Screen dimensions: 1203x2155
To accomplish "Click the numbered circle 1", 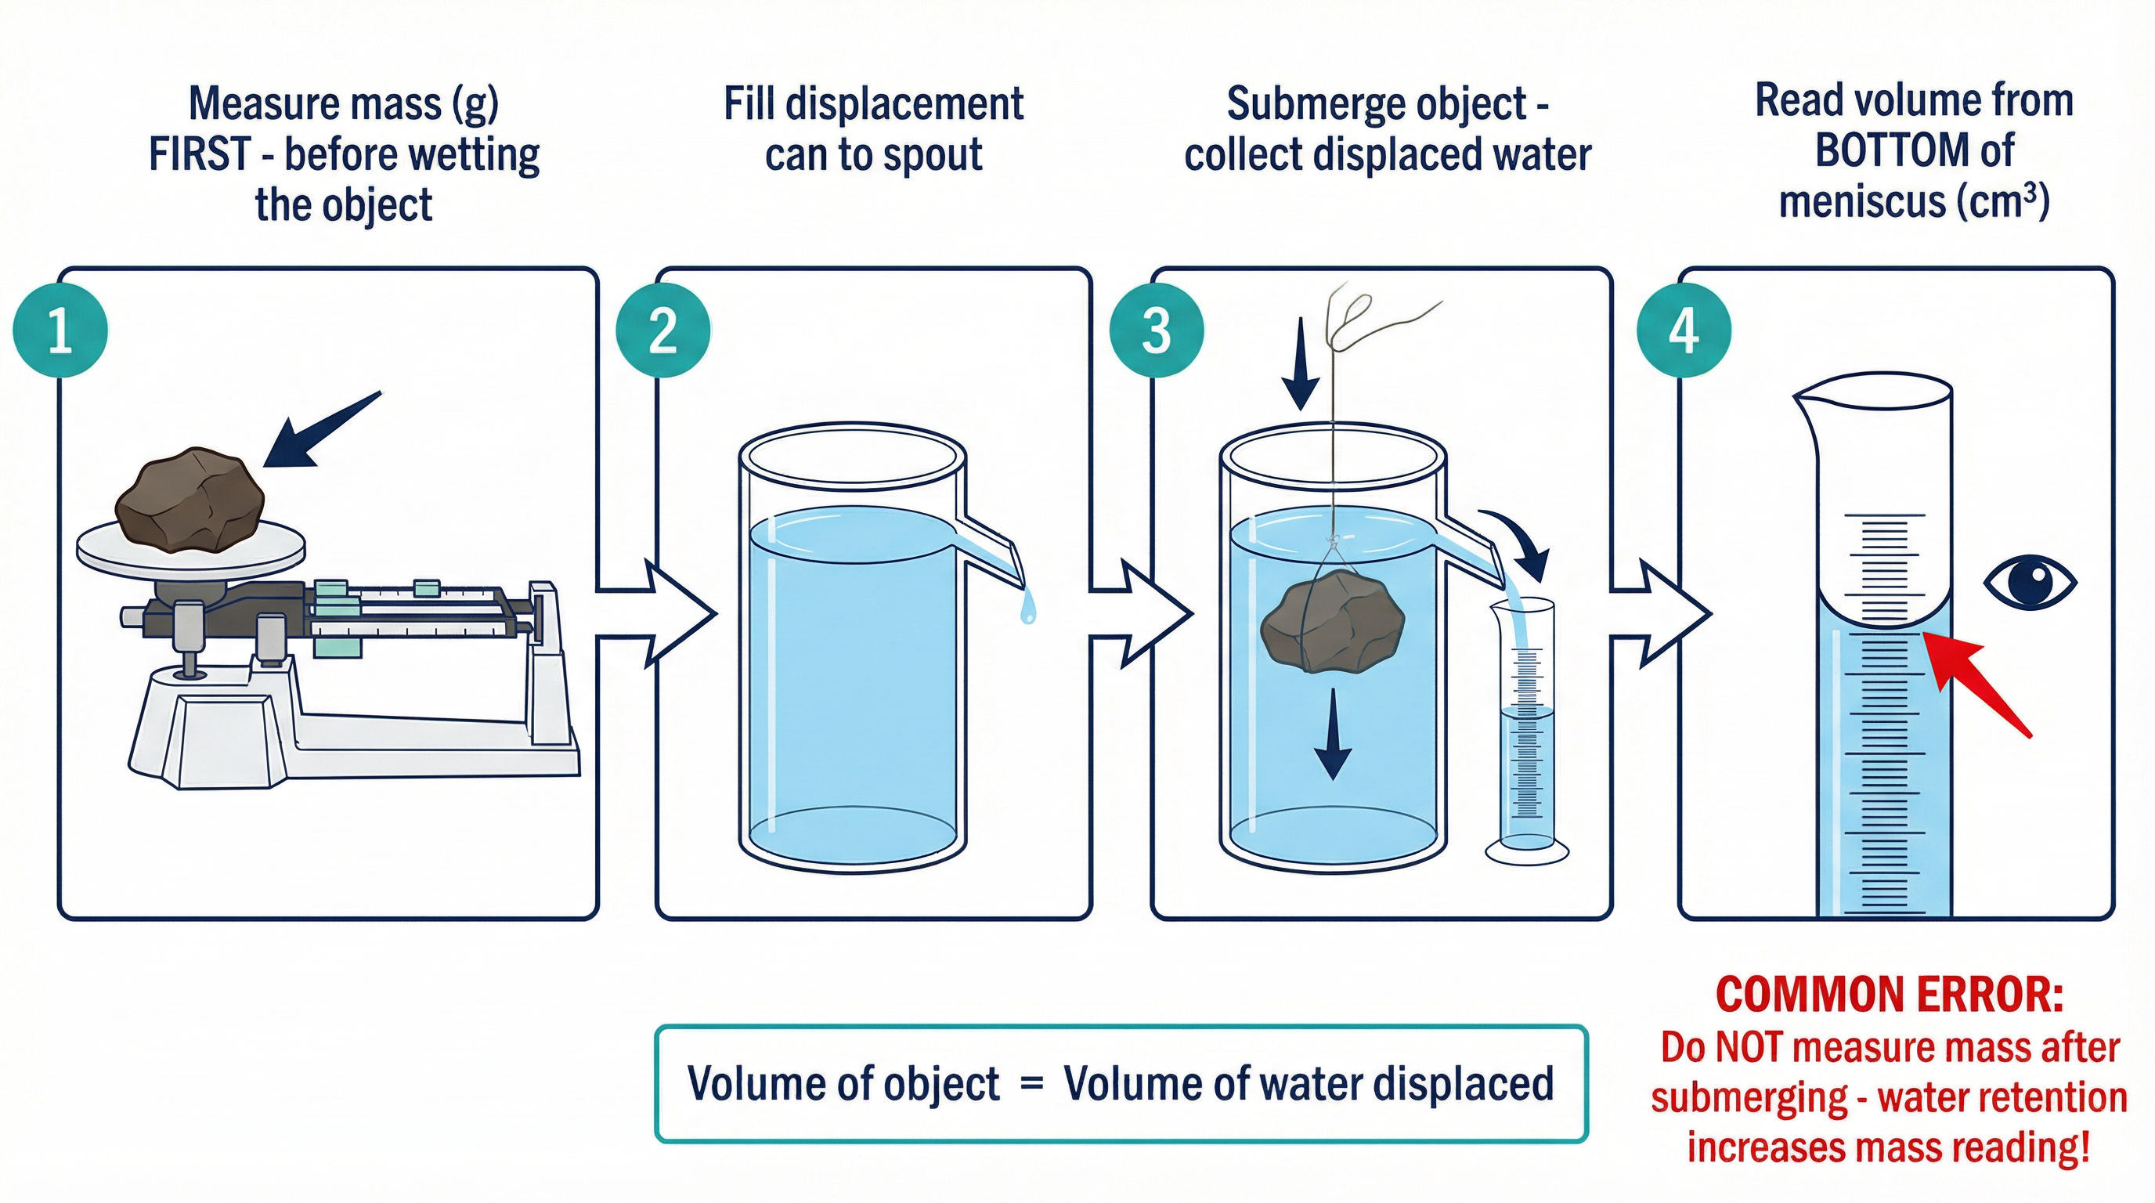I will tap(60, 331).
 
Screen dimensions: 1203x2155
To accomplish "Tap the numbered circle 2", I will tap(662, 331).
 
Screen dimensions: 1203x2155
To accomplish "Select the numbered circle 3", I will tap(1156, 331).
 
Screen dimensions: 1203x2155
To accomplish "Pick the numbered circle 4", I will tap(1683, 331).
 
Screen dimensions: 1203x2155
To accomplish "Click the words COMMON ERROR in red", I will tap(1889, 995).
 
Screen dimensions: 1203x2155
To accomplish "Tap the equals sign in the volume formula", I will tap(1031, 1083).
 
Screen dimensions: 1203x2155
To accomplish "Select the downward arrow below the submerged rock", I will tap(1333, 736).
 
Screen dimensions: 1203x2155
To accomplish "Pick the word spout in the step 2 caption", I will tap(933, 157).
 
